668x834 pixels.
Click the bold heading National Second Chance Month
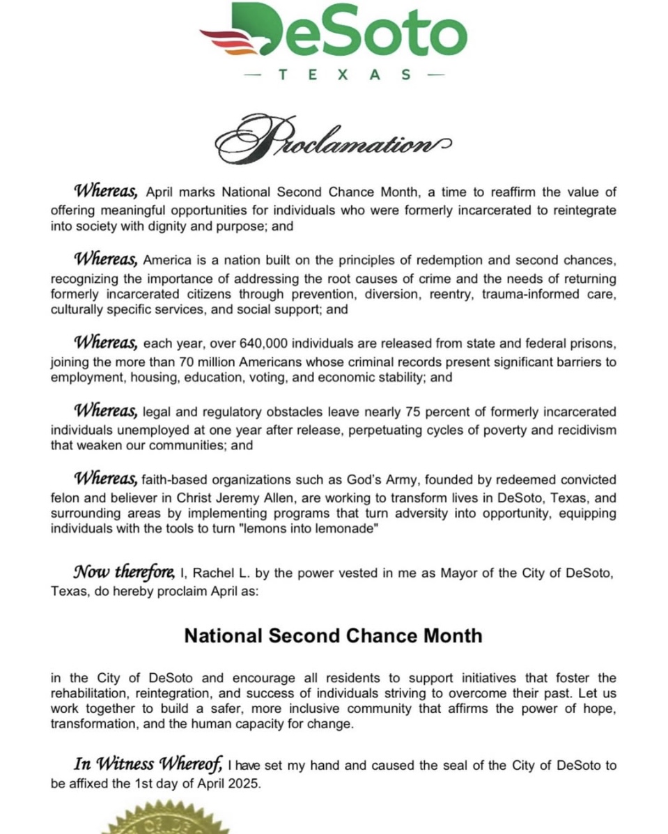[x=333, y=635]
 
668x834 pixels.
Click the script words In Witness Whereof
[x=148, y=765]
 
